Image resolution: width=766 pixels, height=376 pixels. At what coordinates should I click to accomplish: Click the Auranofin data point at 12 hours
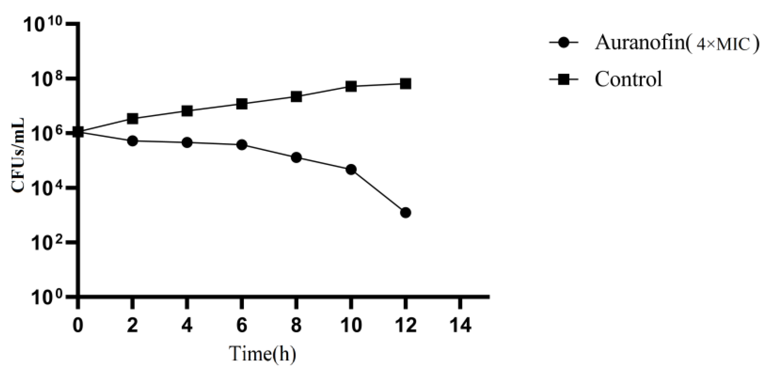[x=406, y=212]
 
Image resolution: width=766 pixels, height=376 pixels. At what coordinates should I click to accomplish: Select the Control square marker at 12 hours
[x=406, y=84]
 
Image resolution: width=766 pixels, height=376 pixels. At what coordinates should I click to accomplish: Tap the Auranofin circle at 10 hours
[x=351, y=169]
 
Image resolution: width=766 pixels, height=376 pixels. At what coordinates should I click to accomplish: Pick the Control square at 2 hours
[x=132, y=119]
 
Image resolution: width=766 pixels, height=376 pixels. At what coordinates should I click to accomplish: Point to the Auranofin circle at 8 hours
[x=296, y=158]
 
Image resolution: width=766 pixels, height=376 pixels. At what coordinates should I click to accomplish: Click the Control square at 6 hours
[x=242, y=104]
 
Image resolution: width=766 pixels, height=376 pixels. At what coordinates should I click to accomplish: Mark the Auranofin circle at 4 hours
[x=187, y=143]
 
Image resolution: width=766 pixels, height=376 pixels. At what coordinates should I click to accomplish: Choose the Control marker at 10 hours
[x=351, y=86]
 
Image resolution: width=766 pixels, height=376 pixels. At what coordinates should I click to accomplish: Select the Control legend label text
[x=628, y=79]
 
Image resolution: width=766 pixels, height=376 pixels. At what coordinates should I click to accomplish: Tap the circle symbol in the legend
[x=564, y=43]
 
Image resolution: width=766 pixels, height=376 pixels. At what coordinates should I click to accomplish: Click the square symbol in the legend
[x=564, y=80]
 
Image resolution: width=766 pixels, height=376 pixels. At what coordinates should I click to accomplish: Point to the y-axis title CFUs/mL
[x=18, y=155]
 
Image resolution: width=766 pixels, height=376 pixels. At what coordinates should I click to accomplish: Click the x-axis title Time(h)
[x=263, y=354]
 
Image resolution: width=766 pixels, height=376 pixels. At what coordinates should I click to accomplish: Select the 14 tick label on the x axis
[x=460, y=325]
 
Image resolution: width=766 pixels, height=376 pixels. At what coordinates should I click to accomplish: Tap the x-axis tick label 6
[x=242, y=325]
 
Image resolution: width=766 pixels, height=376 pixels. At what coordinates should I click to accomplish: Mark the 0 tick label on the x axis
[x=78, y=325]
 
